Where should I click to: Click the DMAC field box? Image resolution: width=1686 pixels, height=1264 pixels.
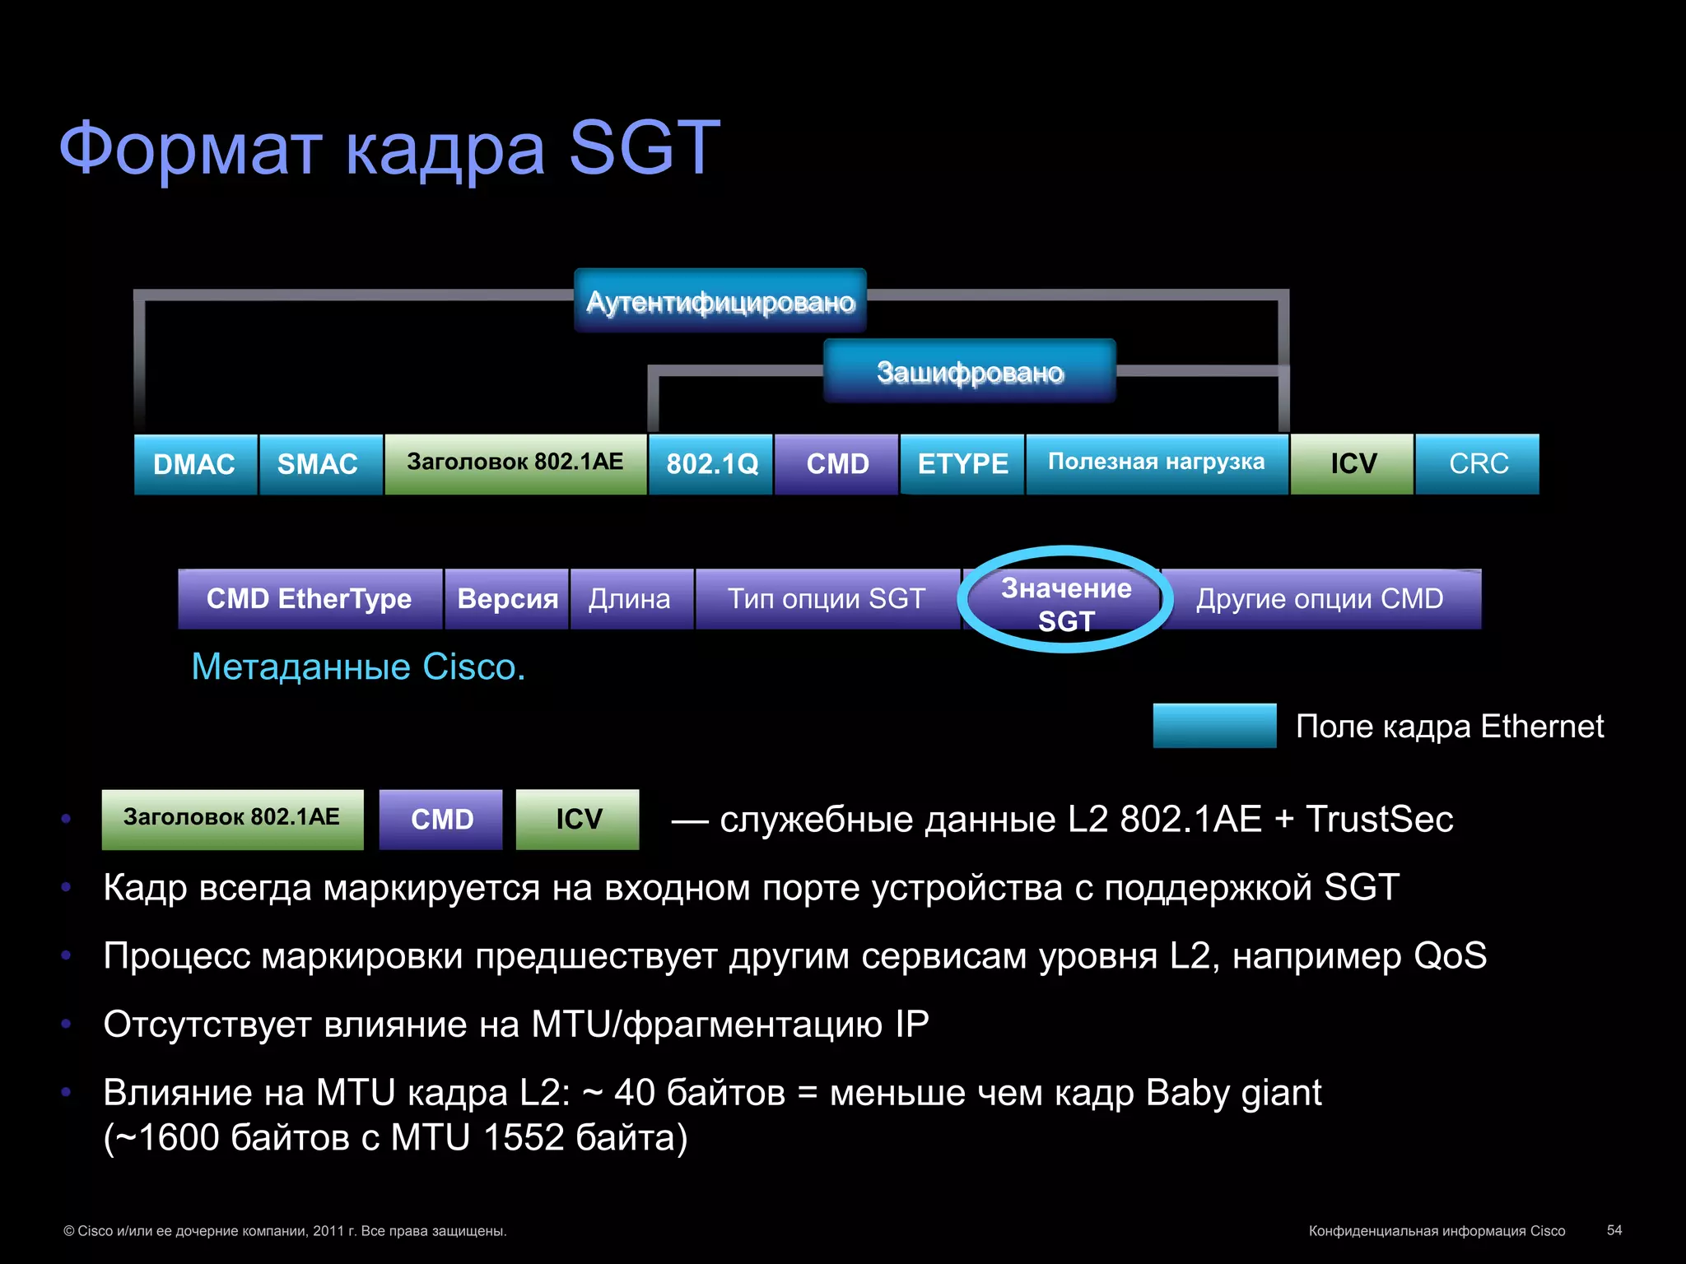[x=195, y=464]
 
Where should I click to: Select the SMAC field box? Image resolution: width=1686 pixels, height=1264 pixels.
[x=320, y=464]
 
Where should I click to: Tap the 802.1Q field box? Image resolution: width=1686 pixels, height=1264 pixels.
[x=711, y=464]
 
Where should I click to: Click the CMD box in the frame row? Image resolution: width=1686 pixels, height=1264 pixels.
[x=836, y=464]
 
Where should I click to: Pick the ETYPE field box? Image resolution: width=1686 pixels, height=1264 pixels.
[x=962, y=464]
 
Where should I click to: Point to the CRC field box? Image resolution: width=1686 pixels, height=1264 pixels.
[x=1478, y=464]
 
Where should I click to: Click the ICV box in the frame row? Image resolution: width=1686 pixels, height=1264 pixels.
[x=1352, y=464]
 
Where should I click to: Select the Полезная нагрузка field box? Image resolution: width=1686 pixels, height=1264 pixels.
[x=1157, y=463]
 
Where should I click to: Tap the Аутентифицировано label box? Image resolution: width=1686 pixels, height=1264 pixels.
[x=720, y=301]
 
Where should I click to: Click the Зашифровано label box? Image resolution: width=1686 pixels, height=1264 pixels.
[x=970, y=372]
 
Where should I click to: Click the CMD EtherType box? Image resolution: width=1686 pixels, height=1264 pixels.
[x=310, y=599]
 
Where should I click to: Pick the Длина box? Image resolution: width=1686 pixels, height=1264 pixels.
[x=631, y=599]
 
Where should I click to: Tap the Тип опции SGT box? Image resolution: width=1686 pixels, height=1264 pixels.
[x=827, y=599]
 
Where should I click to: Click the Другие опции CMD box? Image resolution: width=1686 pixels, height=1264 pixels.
[x=1320, y=599]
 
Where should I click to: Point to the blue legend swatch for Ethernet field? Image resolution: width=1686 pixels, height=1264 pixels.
[x=1214, y=726]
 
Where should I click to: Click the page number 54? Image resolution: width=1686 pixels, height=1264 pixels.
[x=1614, y=1230]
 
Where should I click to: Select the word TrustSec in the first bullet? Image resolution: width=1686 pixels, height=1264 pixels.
[x=1379, y=820]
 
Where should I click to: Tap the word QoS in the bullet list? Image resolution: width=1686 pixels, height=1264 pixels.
[x=1450, y=956]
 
